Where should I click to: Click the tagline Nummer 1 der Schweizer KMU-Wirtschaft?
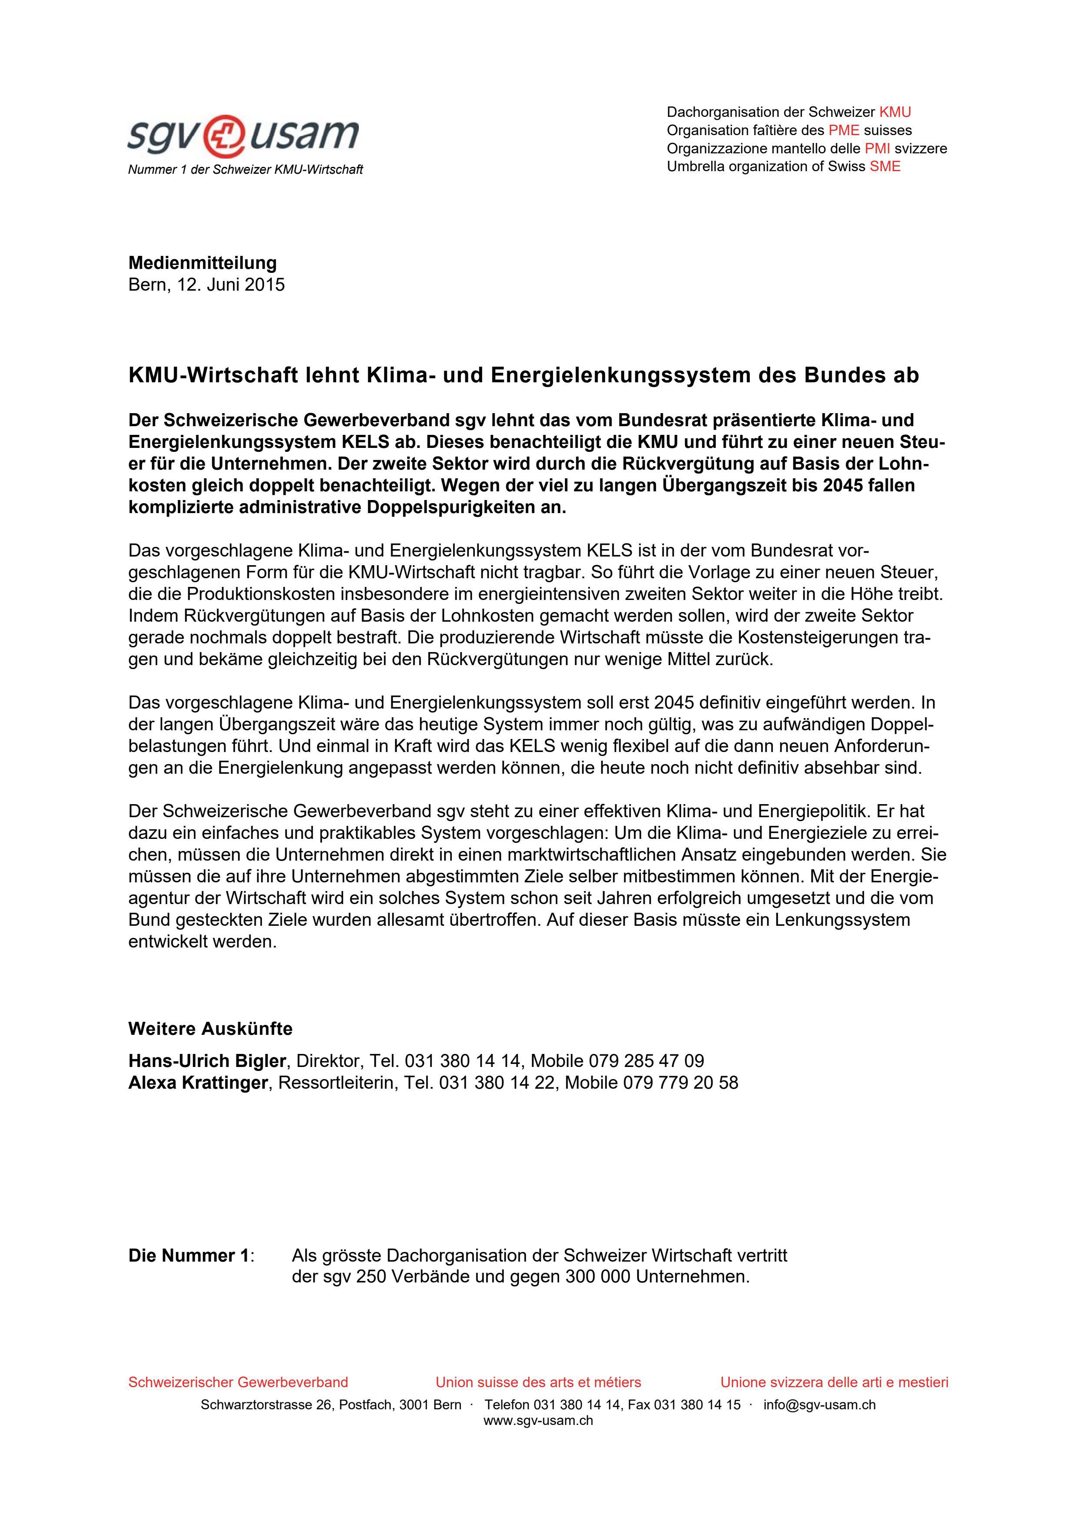[245, 170]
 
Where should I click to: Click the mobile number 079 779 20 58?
[680, 1083]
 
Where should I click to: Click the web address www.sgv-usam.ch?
[538, 1421]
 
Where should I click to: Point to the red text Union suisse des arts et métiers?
[538, 1383]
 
